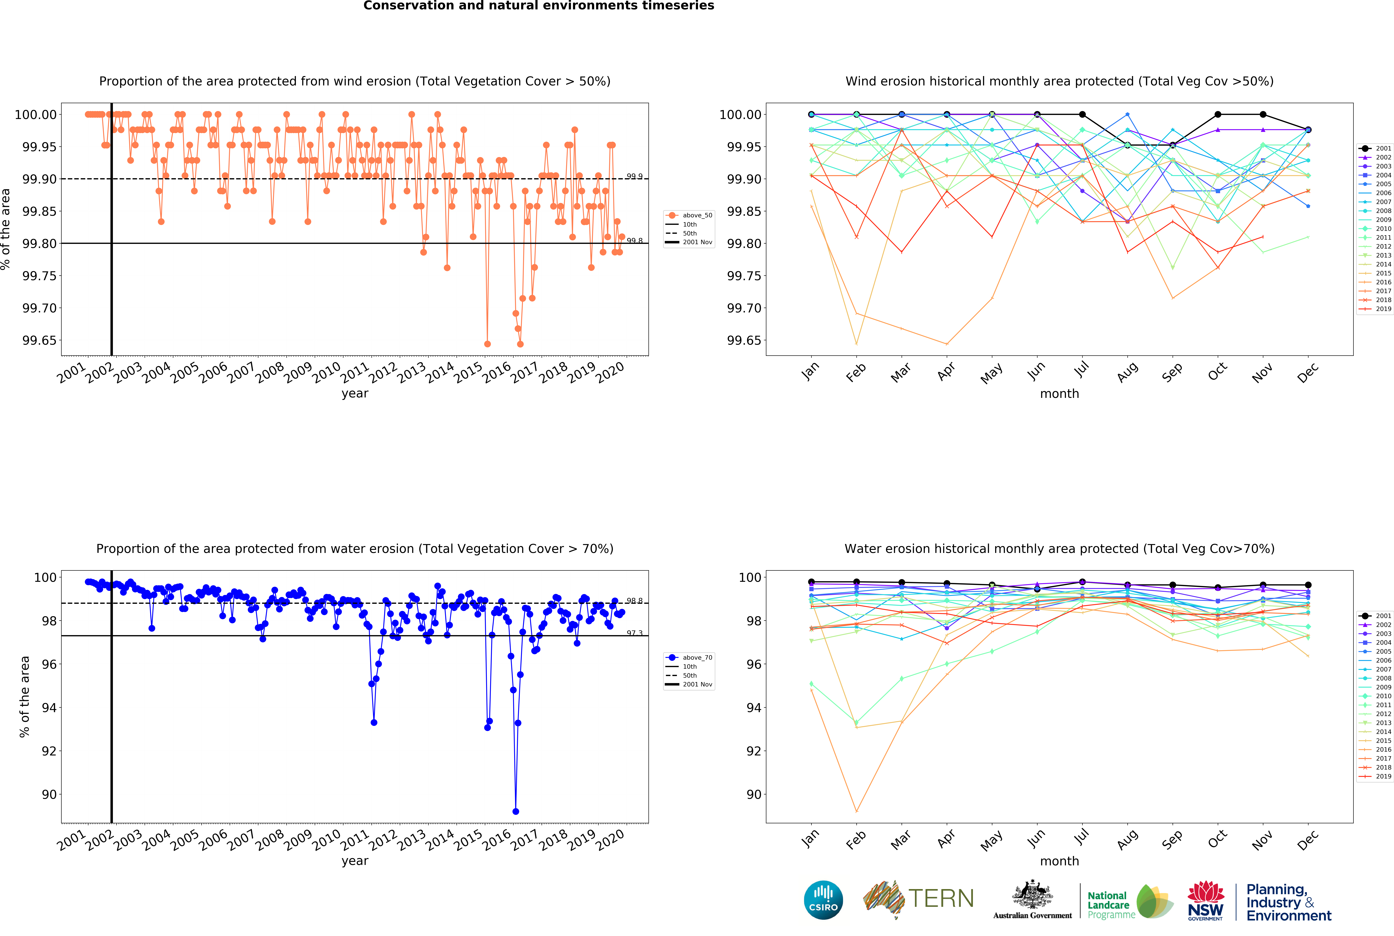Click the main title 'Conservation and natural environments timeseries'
pos(539,6)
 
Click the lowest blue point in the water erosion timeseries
pos(515,811)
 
